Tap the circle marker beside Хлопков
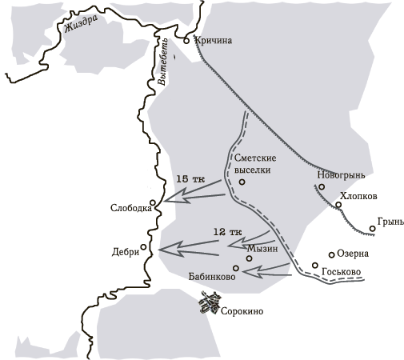(x=338, y=206)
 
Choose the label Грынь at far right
(x=382, y=217)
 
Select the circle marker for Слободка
(x=156, y=209)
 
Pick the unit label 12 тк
(x=227, y=232)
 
